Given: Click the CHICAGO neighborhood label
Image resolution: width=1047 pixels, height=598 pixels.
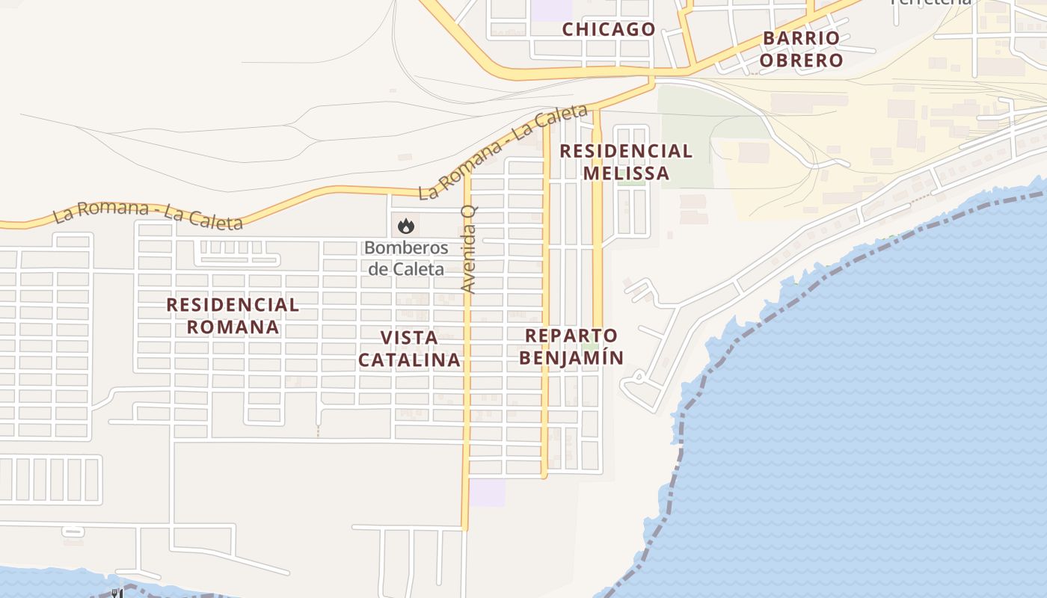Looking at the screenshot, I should [609, 29].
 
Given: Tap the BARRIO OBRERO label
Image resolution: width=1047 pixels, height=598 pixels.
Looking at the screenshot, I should [802, 49].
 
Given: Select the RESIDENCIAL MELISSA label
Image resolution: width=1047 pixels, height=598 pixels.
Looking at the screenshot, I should [626, 161].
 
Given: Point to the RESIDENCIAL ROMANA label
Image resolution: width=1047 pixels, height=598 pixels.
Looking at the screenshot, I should [233, 315].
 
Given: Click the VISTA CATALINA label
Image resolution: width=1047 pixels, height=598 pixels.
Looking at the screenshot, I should [409, 348].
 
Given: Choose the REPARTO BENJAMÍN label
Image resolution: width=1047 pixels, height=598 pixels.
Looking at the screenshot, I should [571, 346].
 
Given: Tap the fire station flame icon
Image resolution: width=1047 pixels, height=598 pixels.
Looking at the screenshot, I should [405, 225].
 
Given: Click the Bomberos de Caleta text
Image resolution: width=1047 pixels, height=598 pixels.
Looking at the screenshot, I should [406, 259].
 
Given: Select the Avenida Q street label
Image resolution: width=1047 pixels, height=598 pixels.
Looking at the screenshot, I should [469, 249].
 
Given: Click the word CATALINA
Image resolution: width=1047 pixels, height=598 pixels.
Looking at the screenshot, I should [409, 360].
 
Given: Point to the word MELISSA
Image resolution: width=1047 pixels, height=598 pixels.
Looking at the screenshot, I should [626, 173].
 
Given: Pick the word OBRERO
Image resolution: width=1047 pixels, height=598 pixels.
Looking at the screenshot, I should [802, 61].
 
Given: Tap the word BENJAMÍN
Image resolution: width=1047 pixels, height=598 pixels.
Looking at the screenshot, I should [571, 357].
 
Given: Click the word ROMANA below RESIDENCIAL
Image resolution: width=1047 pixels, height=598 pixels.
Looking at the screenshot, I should [233, 327].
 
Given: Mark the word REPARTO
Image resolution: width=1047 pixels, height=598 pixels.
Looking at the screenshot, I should [571, 335].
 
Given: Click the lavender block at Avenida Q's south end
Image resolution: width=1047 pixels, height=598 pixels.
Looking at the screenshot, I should [487, 492].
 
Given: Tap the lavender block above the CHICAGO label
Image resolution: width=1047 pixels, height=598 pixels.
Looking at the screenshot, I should [551, 10].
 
